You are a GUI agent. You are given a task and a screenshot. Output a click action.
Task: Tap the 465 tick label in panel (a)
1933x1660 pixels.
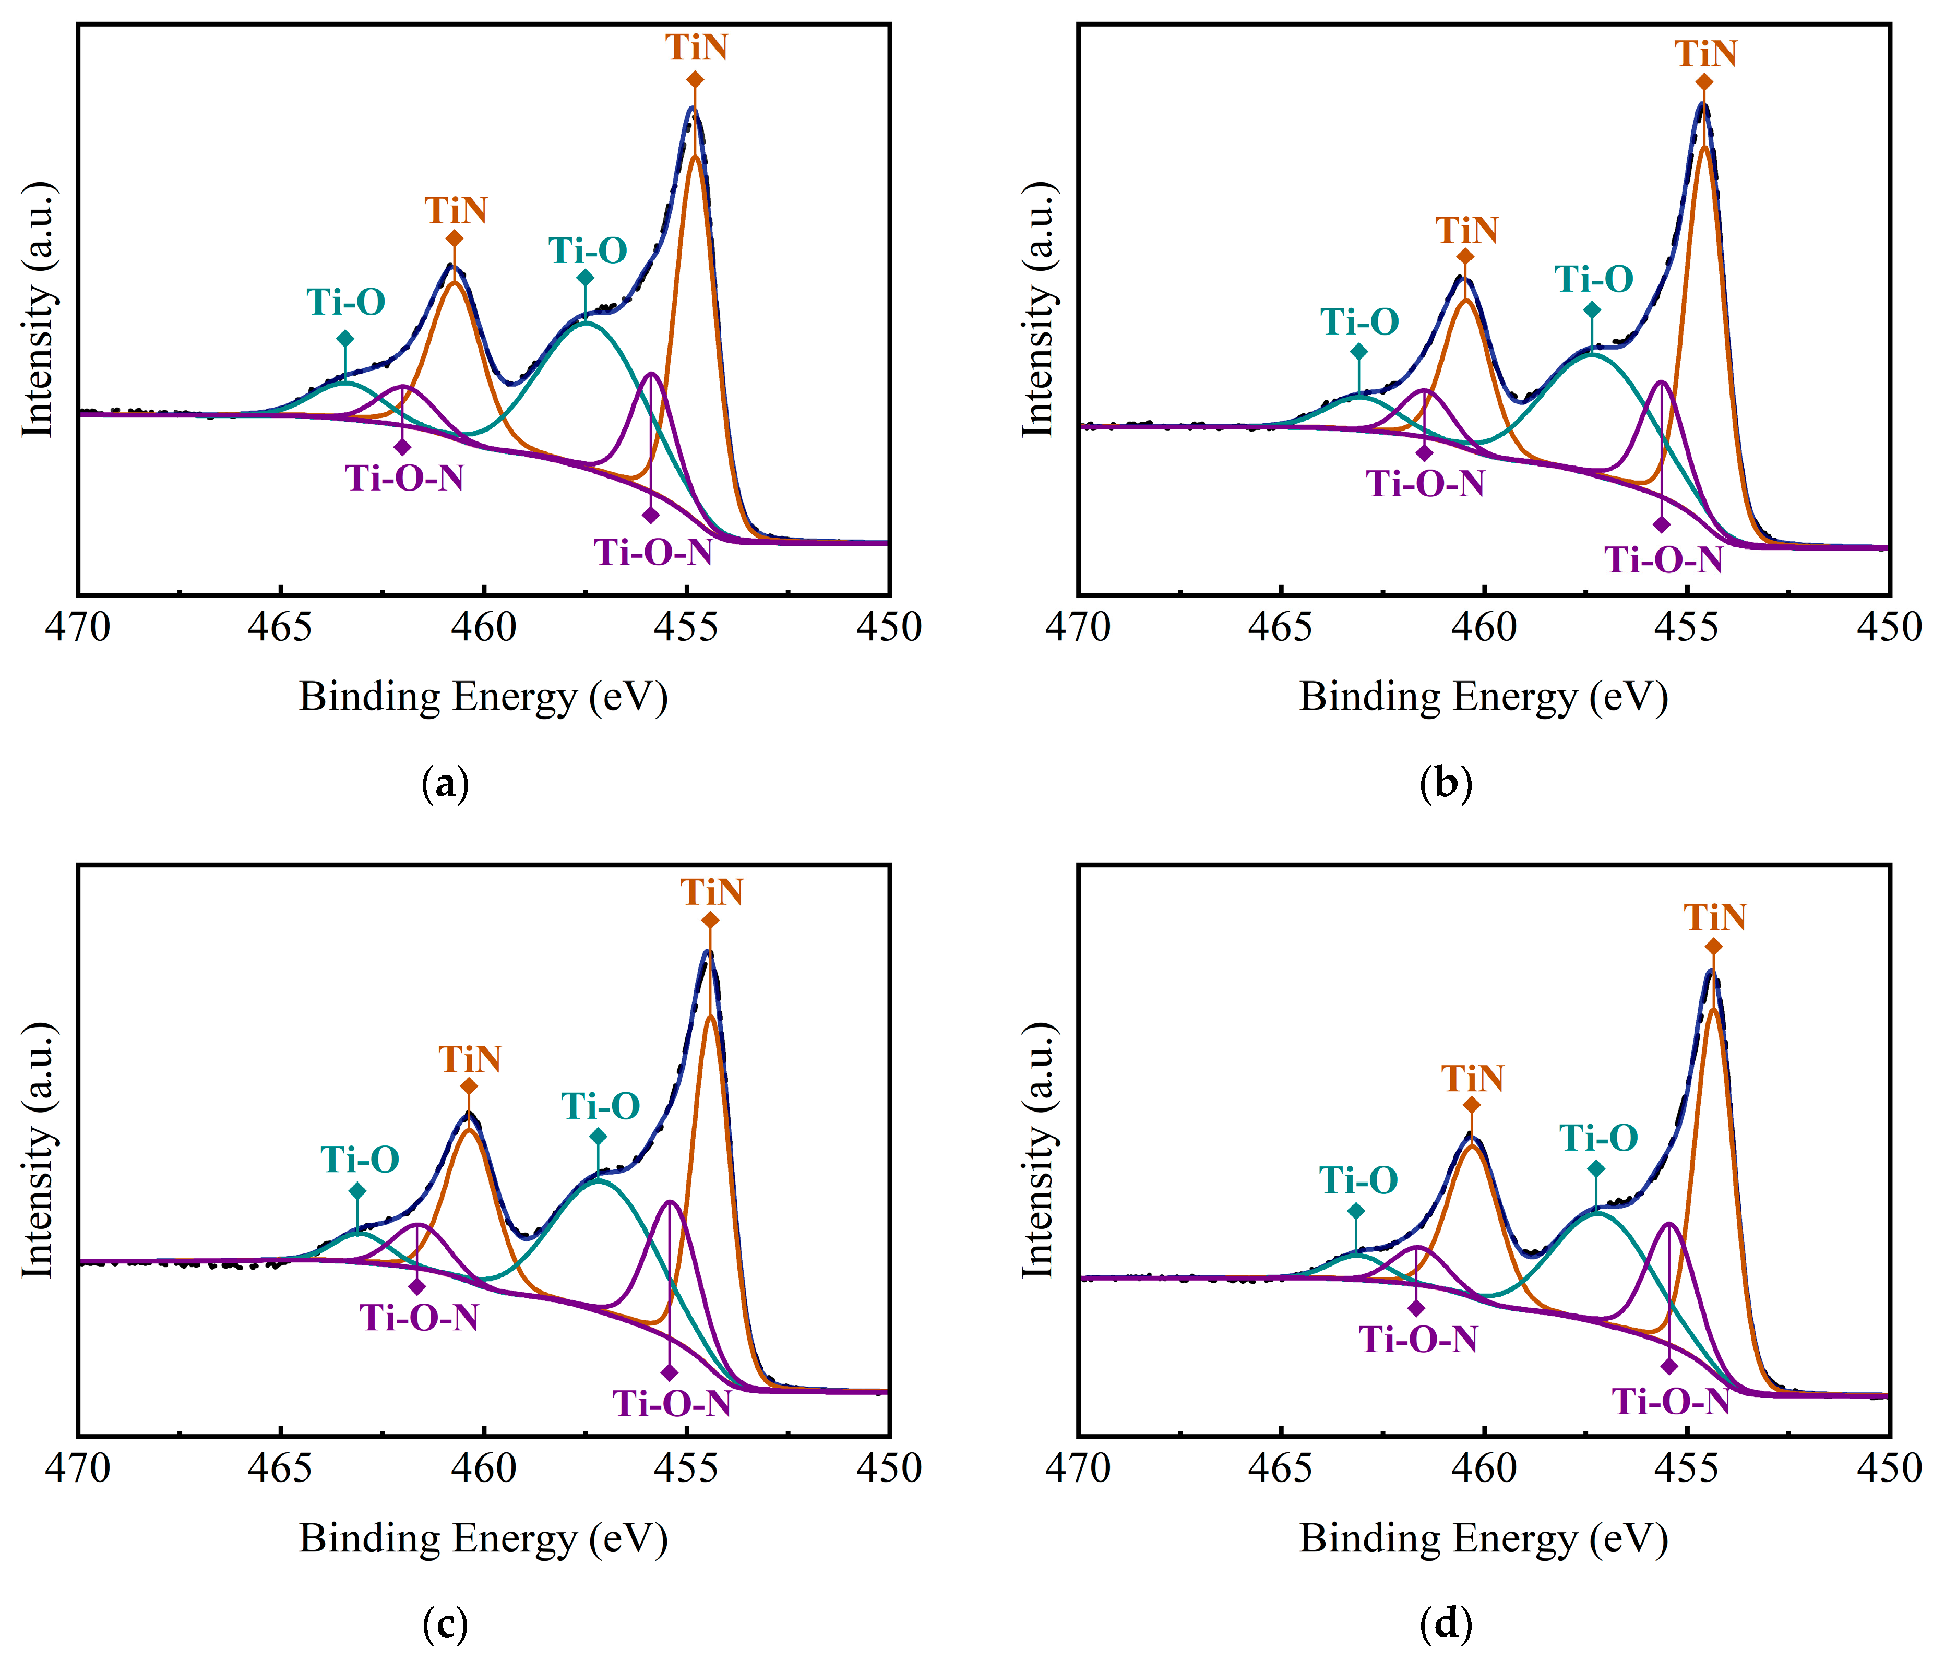point(280,627)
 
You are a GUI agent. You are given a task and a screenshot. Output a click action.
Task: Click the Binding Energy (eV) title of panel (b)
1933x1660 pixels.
point(1483,697)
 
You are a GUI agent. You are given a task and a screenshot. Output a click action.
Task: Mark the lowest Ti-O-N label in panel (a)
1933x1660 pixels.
point(654,553)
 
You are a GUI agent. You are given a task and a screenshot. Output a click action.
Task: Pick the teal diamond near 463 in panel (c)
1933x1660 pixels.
point(357,1191)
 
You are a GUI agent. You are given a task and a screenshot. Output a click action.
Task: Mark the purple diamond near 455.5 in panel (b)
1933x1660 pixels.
point(1662,524)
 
